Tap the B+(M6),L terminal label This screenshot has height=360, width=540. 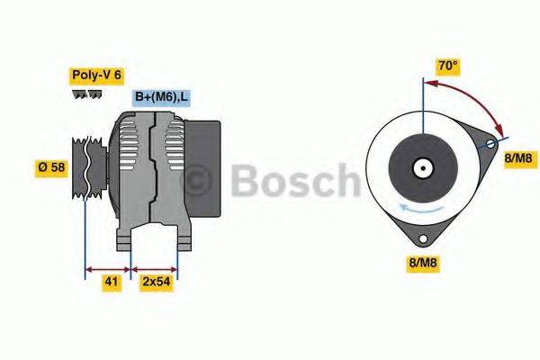162,97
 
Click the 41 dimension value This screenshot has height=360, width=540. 110,282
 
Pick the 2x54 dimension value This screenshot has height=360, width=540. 157,282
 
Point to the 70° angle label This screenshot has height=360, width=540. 447,66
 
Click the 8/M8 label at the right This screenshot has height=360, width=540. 518,159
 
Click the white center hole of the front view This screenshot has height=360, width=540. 421,167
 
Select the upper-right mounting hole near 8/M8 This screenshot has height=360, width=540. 490,143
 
